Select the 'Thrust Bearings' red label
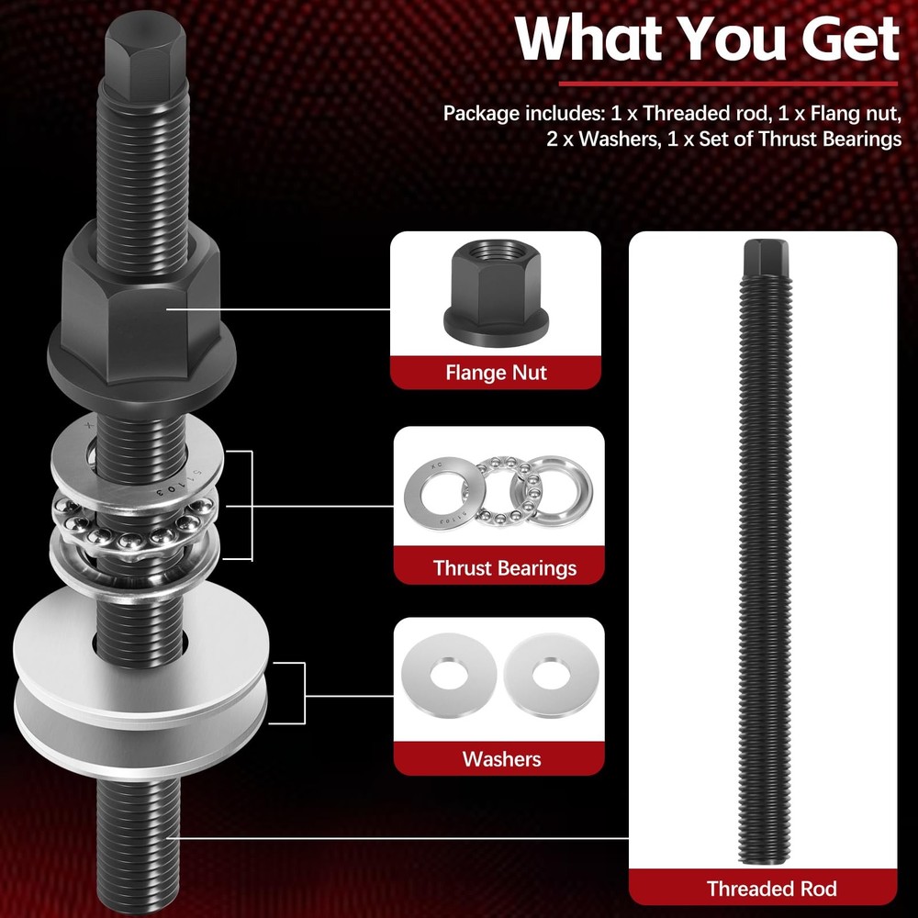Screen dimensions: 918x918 [x=505, y=567]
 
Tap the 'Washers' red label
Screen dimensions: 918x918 [x=501, y=759]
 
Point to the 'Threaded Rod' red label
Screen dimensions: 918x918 [x=771, y=888]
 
